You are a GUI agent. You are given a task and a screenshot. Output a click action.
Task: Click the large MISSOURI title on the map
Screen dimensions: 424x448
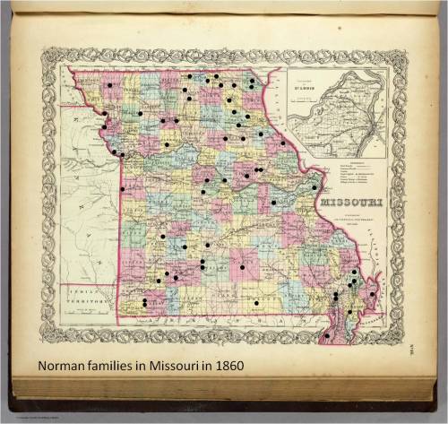(x=350, y=203)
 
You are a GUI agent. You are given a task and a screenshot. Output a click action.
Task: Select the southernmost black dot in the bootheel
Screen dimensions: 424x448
(x=326, y=336)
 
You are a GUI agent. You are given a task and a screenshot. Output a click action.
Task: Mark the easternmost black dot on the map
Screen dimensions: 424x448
(x=372, y=293)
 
